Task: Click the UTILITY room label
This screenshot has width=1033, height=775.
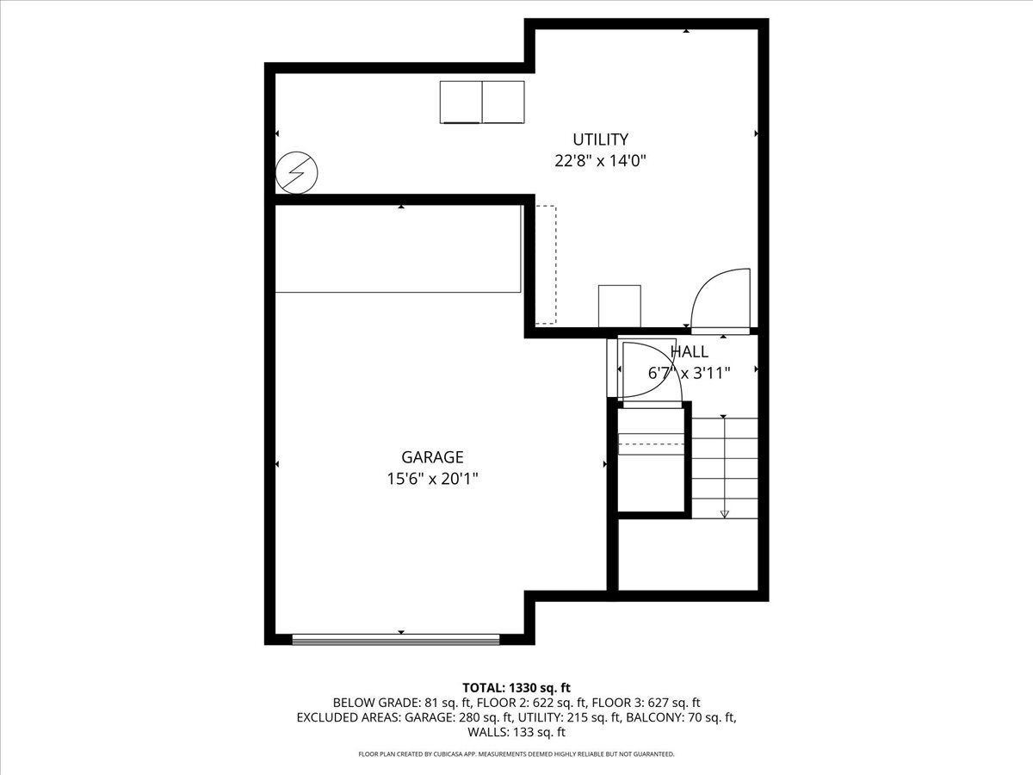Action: pyautogui.click(x=600, y=139)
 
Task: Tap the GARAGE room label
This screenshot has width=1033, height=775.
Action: pyautogui.click(x=432, y=457)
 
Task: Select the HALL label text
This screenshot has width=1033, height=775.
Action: pyautogui.click(x=689, y=351)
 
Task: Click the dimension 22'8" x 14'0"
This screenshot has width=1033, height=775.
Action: pyautogui.click(x=600, y=161)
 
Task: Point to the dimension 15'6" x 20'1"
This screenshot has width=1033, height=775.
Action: pyautogui.click(x=432, y=479)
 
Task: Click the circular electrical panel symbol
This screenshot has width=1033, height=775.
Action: pyautogui.click(x=296, y=173)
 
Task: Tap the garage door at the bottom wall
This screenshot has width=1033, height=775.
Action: pyautogui.click(x=396, y=639)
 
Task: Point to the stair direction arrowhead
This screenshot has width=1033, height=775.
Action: pyautogui.click(x=724, y=514)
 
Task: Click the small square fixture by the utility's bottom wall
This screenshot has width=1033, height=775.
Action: pyautogui.click(x=619, y=306)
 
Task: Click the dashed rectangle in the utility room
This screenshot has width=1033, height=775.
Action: pyautogui.click(x=546, y=264)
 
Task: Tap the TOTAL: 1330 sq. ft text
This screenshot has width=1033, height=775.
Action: pyautogui.click(x=516, y=687)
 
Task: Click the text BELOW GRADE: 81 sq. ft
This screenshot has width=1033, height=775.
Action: pyautogui.click(x=402, y=703)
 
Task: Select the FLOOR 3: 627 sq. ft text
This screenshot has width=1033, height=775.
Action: pyautogui.click(x=646, y=703)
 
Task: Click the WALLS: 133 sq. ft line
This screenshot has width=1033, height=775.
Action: pyautogui.click(x=516, y=732)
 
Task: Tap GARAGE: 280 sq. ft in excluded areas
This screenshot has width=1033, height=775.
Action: pyautogui.click(x=459, y=717)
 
